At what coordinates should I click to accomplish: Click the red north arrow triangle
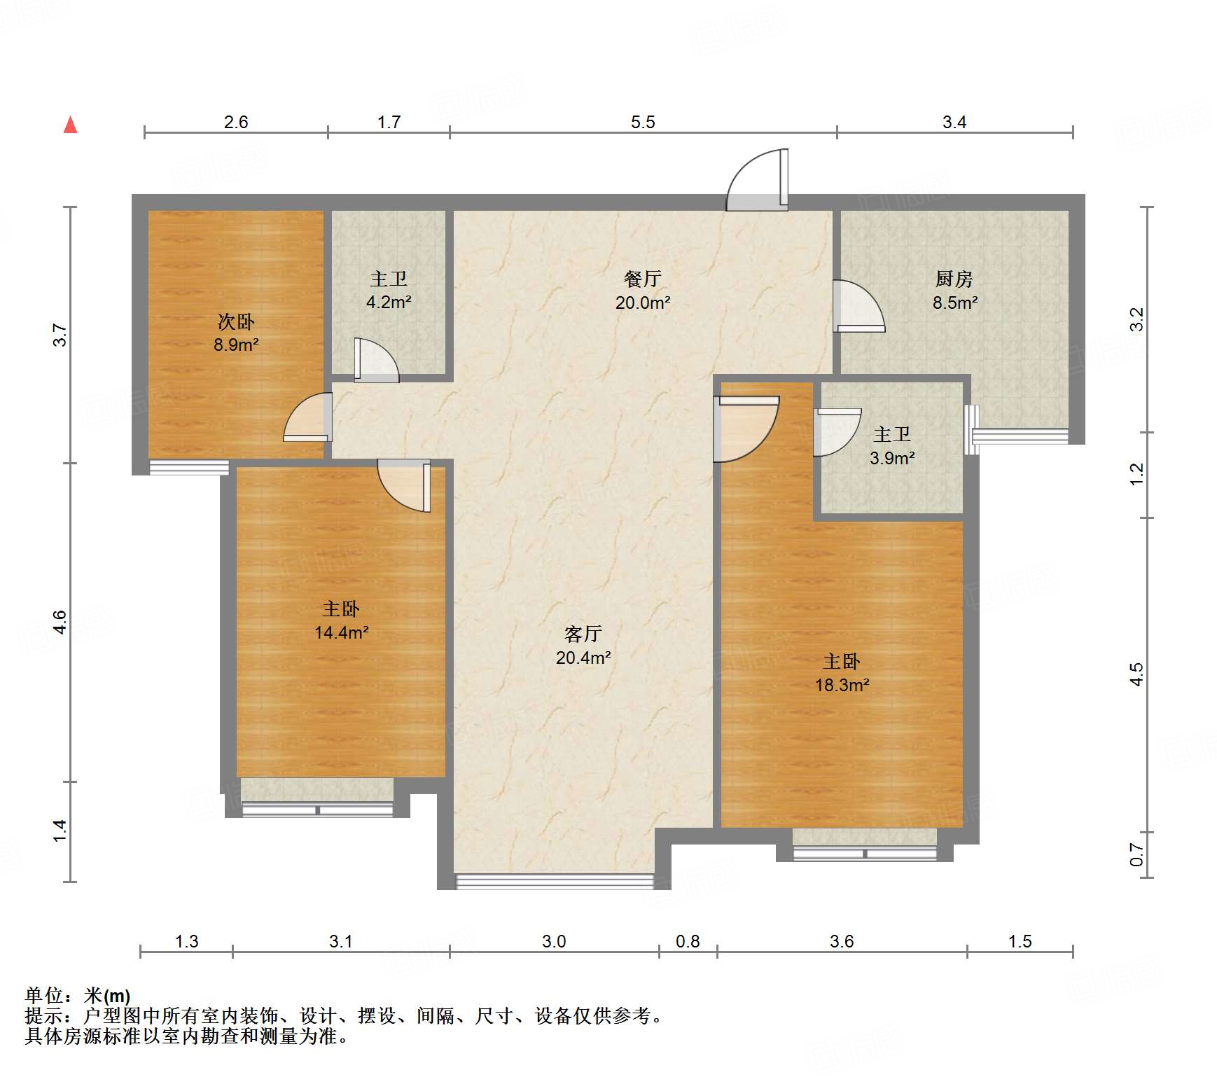coord(70,125)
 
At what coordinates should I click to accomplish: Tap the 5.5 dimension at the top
coord(642,122)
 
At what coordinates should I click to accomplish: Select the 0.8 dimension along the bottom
coord(687,941)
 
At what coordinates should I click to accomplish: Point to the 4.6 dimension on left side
coord(60,622)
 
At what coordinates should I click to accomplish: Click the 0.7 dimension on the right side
coord(1136,854)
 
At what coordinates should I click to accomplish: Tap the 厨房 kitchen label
coord(954,279)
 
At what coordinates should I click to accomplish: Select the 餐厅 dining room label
coord(642,279)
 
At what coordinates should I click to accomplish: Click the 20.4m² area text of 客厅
coord(583,658)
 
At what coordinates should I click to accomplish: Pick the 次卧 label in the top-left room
coord(236,322)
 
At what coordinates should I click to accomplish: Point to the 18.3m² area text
coord(842,685)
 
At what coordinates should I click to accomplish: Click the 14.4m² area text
coord(341,632)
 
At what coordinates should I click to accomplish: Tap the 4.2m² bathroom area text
coord(389,303)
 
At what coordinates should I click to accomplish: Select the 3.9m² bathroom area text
coord(892,458)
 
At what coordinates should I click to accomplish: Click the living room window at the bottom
coord(554,880)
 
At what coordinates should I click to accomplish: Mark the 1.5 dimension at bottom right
coord(1020,941)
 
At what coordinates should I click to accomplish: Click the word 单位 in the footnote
coord(44,995)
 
